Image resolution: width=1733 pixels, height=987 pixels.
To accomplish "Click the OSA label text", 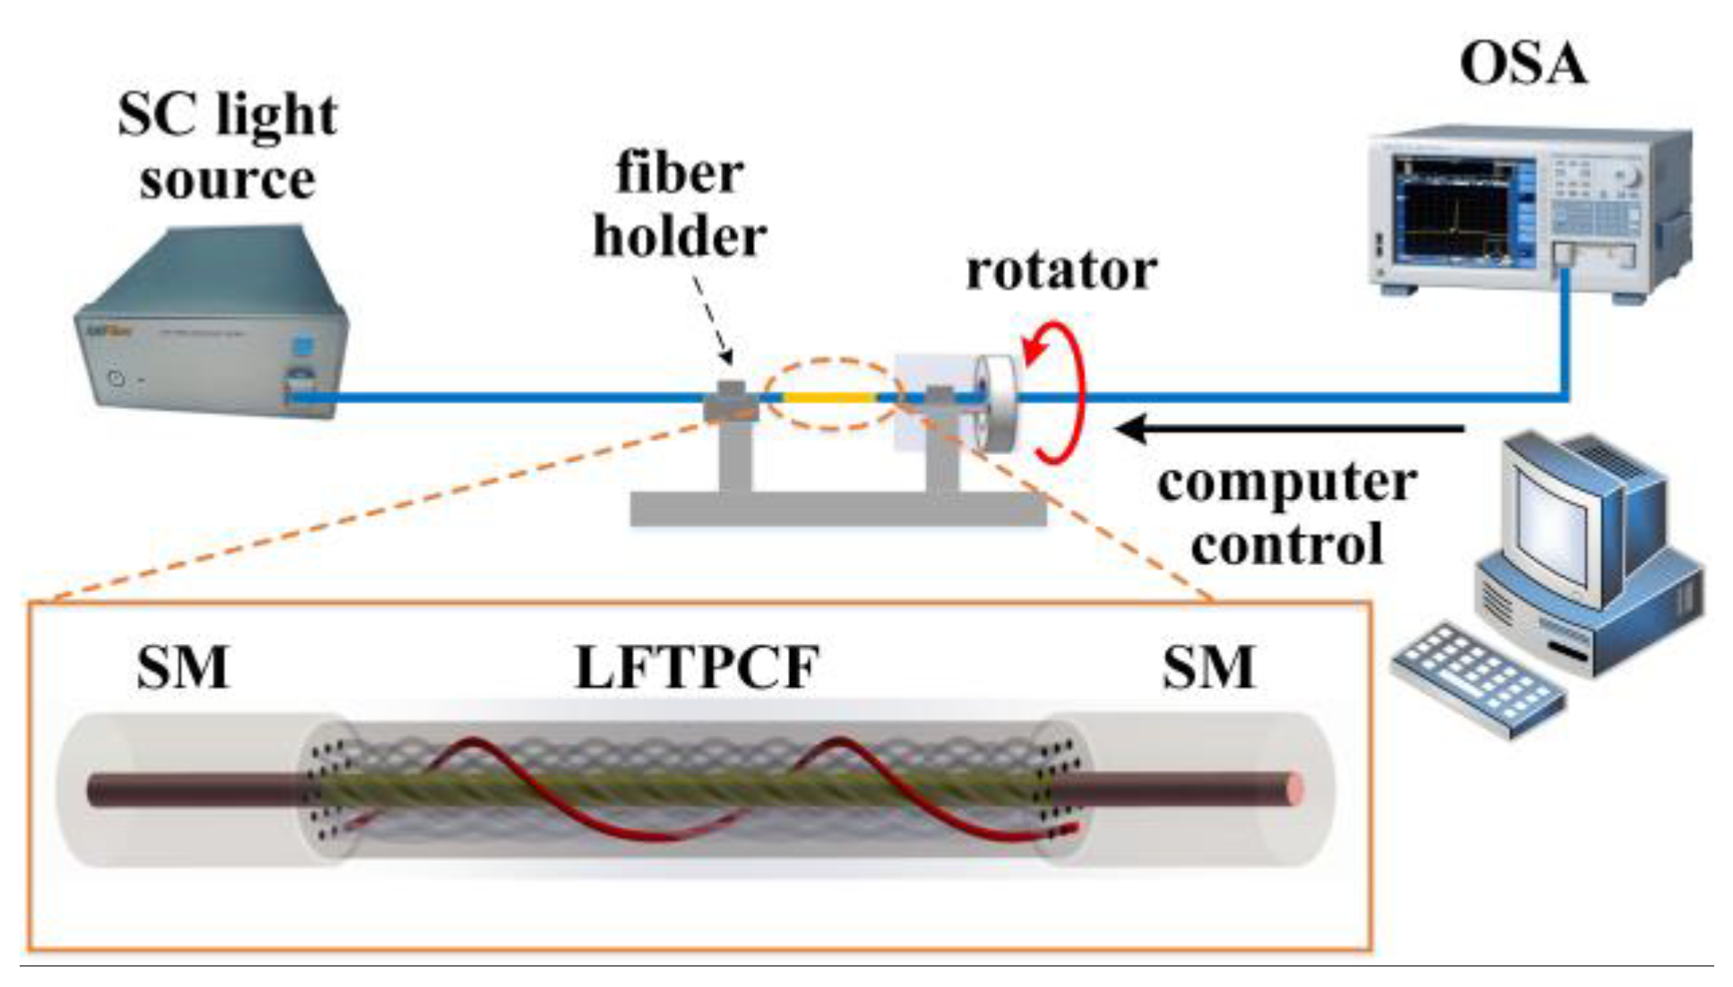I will click(1523, 64).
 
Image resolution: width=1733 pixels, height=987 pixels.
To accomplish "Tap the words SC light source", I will click(227, 146).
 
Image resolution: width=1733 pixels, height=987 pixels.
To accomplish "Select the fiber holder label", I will click(680, 204).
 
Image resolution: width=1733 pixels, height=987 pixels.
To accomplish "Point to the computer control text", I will click(1287, 513).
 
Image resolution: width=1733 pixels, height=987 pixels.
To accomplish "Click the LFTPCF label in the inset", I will click(697, 667).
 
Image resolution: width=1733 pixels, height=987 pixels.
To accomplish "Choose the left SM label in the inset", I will click(183, 667).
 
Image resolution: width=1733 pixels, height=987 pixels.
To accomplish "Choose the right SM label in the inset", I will click(1208, 667).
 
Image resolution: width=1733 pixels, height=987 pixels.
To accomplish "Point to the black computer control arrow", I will click(1290, 429).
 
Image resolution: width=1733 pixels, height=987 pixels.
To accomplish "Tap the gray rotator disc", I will click(996, 403).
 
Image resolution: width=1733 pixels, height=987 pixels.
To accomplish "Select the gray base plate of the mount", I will click(837, 508).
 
